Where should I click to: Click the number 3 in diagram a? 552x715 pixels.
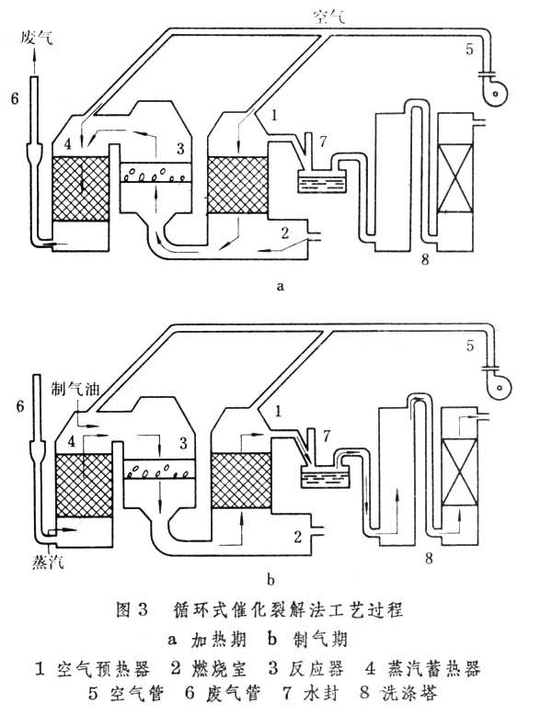pos(180,148)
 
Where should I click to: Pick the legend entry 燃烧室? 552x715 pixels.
pos(227,662)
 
